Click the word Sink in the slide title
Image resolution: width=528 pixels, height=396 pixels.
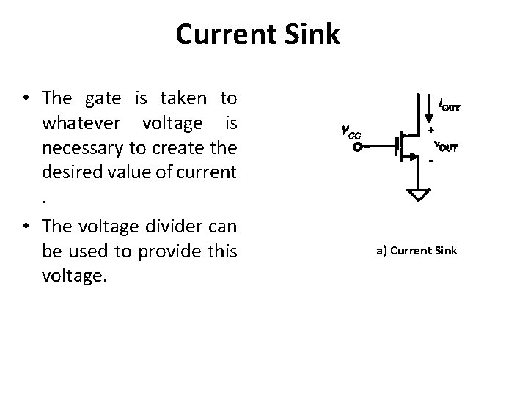tap(311, 34)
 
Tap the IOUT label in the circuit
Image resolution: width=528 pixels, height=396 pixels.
tap(450, 106)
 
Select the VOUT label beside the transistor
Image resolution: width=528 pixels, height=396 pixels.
tap(445, 146)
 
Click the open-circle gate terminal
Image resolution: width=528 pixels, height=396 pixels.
tap(357, 147)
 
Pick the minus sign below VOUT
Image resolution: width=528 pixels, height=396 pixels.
tap(431, 161)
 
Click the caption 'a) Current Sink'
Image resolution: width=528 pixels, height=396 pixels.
tap(417, 251)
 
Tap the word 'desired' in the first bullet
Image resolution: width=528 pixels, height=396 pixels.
tap(70, 175)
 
